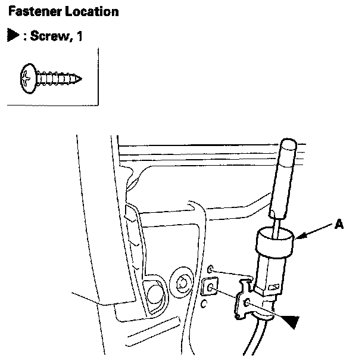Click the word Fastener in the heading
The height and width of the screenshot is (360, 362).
pyautogui.click(x=31, y=12)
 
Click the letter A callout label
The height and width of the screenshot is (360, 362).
pyautogui.click(x=339, y=224)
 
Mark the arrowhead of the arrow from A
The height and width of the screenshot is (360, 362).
pyautogui.click(x=298, y=238)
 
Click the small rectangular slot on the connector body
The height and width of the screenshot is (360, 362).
pyautogui.click(x=274, y=287)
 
